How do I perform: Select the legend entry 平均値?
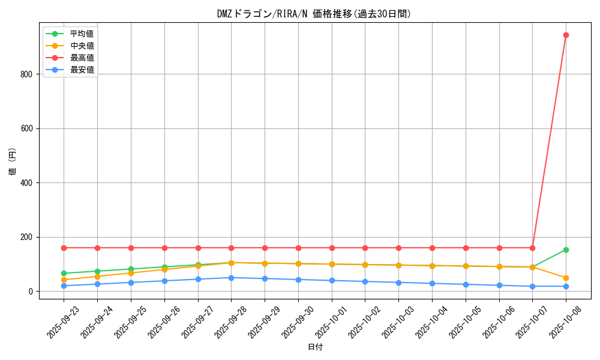pyautogui.click(x=82, y=34)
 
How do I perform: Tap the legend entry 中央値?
pyautogui.click(x=82, y=46)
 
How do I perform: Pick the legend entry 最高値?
pyautogui.click(x=82, y=58)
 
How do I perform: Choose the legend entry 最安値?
pyautogui.click(x=82, y=70)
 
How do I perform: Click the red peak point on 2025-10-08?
pyautogui.click(x=566, y=35)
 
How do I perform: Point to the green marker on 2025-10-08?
pyautogui.click(x=566, y=250)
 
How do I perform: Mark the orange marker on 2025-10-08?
pyautogui.click(x=566, y=278)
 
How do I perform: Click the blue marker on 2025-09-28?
pyautogui.click(x=231, y=278)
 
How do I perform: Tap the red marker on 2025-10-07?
pyautogui.click(x=532, y=248)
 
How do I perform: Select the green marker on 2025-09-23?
pyautogui.click(x=64, y=274)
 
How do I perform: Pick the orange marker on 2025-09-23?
pyautogui.click(x=64, y=280)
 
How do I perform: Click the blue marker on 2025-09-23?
pyautogui.click(x=64, y=286)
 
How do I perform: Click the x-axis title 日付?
pyautogui.click(x=315, y=347)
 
